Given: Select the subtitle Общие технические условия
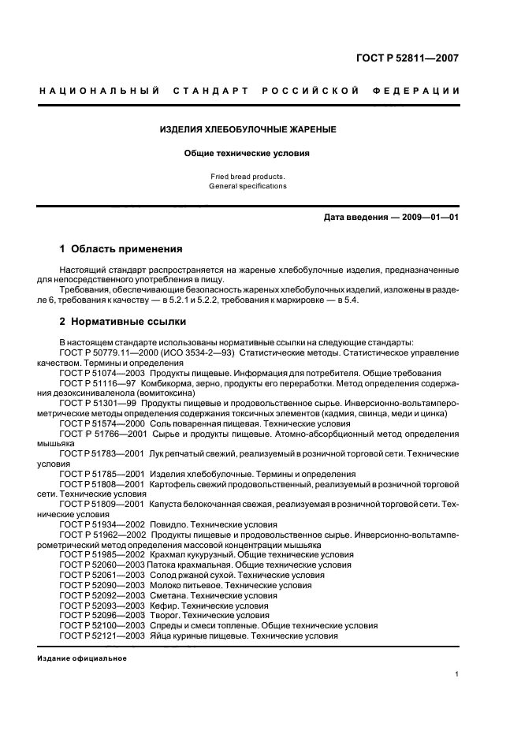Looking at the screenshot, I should point(248,154).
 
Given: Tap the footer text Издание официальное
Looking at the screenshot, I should point(82,658).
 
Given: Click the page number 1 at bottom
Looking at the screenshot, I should point(456,673).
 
